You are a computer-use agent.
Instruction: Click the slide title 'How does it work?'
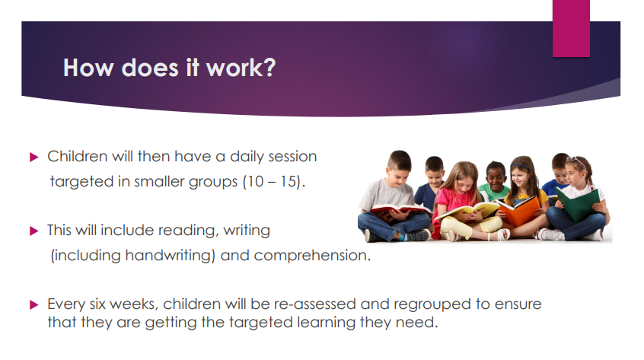tap(169, 68)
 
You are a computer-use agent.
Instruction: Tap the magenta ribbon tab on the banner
tap(571, 28)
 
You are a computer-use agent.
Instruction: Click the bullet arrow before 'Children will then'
tap(34, 158)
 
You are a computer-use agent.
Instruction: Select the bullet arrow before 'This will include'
tap(34, 231)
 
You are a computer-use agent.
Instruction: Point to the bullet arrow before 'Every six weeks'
tap(34, 305)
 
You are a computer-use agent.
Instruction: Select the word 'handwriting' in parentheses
tap(168, 256)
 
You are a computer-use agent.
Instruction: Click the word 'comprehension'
tap(310, 256)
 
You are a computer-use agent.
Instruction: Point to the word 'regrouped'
tap(432, 305)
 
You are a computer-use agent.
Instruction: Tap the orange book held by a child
tap(518, 211)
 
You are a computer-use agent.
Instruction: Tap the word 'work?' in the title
tap(241, 68)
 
